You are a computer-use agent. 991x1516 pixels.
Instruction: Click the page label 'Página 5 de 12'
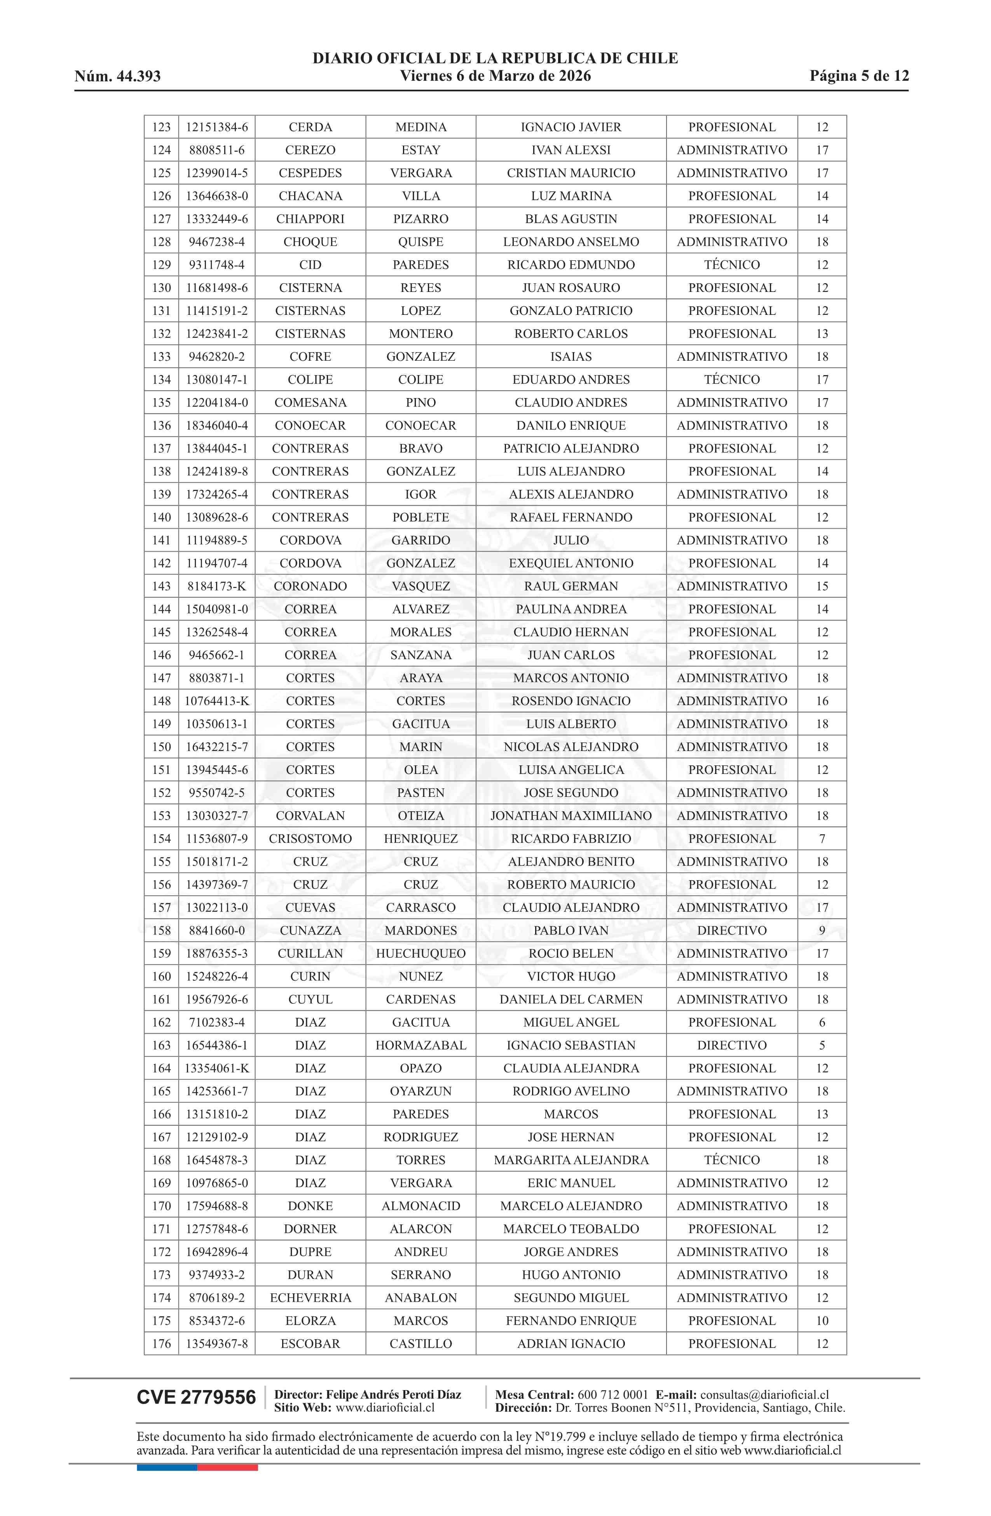(x=858, y=77)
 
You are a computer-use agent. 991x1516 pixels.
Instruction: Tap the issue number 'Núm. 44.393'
(x=117, y=77)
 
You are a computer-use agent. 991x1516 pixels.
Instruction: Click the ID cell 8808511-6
(x=216, y=150)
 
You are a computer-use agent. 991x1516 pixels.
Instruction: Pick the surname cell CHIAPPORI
(x=310, y=219)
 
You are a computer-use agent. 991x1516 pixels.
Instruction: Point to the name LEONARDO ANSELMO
(x=571, y=242)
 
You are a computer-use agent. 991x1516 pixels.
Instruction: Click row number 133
(x=161, y=357)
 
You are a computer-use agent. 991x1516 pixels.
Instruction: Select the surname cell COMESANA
(x=310, y=403)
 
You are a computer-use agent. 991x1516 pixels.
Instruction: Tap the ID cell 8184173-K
(x=216, y=586)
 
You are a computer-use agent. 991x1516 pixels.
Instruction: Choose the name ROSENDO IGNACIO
(x=571, y=701)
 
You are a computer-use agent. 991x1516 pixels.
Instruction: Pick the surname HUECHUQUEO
(x=420, y=954)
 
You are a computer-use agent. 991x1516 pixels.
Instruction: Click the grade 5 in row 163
(x=822, y=1045)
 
